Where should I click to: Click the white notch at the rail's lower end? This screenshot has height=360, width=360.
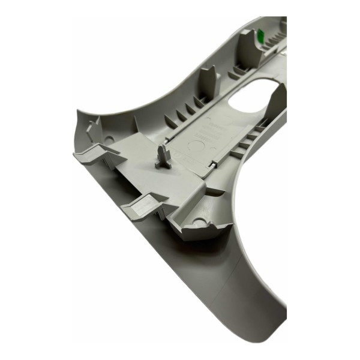click(215, 164)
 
